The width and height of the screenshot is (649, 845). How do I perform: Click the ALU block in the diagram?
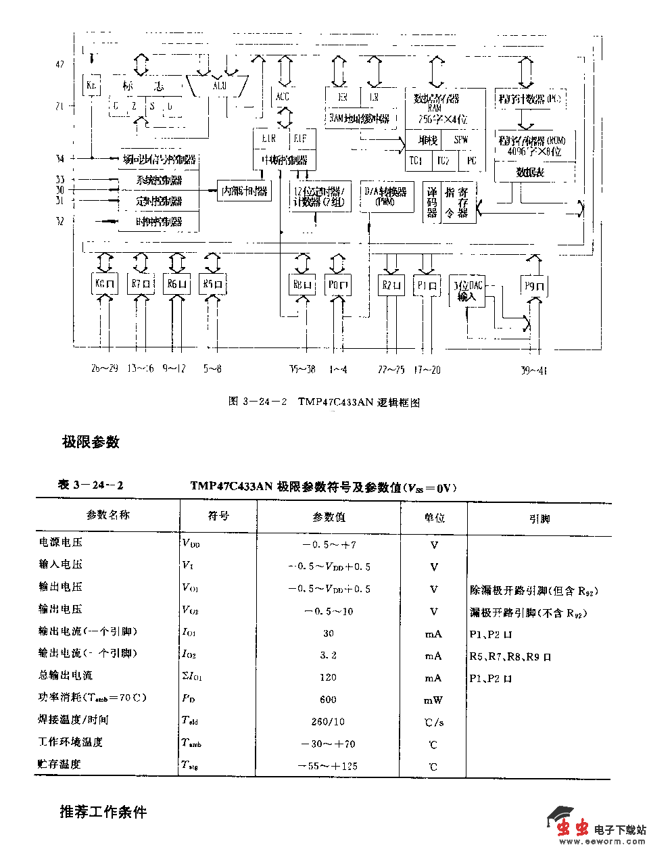point(220,86)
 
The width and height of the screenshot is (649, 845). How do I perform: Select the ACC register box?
point(283,97)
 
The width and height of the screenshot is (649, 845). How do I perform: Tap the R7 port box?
point(141,283)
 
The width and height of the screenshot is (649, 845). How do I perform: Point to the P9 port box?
point(535,286)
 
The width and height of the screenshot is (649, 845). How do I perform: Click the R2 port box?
point(391,285)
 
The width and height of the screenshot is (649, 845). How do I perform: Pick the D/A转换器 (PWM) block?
point(386,196)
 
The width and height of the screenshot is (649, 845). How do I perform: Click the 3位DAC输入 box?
point(467,291)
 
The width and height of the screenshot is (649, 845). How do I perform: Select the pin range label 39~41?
point(533,370)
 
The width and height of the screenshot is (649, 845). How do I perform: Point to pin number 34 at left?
point(60,159)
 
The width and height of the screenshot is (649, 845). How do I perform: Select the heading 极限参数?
point(91,442)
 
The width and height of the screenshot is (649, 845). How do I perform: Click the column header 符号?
point(218,516)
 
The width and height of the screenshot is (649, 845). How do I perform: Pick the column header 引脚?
point(539,518)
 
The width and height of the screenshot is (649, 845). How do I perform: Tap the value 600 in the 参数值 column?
point(329,700)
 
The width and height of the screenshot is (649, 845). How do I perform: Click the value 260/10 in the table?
point(329,721)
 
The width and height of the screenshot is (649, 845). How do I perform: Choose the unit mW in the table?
point(433,700)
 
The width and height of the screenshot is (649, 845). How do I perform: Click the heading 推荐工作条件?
point(103,812)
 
